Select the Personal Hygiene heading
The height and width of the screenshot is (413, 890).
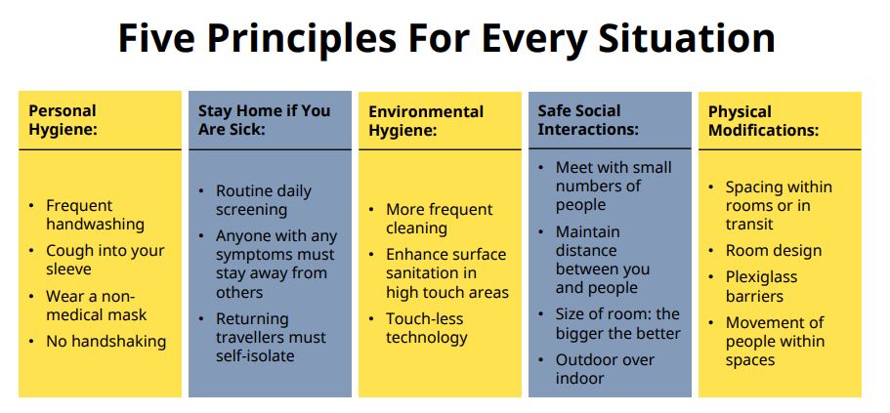click(63, 120)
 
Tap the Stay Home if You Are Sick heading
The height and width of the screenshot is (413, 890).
click(264, 120)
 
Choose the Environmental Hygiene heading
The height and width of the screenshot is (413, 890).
click(426, 120)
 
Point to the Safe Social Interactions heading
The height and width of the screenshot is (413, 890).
click(588, 120)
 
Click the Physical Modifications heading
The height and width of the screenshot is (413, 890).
click(763, 120)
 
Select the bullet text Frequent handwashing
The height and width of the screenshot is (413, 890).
click(95, 215)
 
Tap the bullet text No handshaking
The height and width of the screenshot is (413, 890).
click(106, 341)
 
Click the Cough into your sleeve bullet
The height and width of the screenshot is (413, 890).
click(105, 260)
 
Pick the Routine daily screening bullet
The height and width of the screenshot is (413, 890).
click(264, 200)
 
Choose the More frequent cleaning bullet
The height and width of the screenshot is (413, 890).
click(440, 219)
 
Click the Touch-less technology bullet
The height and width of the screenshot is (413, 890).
click(427, 328)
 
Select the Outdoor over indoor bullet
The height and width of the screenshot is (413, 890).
click(605, 369)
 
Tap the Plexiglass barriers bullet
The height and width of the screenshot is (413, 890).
click(761, 286)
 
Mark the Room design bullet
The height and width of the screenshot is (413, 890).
click(774, 251)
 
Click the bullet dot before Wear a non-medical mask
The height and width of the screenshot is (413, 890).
click(32, 296)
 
